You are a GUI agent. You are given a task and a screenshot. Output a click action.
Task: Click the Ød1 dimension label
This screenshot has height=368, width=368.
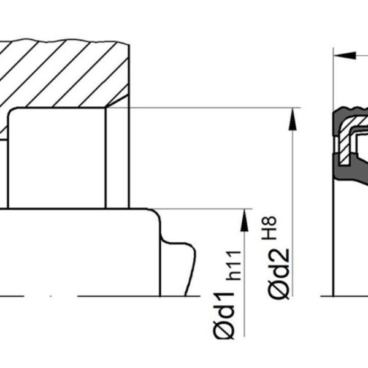(223, 315)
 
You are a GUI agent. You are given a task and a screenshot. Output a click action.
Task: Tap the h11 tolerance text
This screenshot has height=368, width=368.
(234, 265)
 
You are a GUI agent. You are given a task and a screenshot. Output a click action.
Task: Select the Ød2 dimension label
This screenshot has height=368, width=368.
(278, 274)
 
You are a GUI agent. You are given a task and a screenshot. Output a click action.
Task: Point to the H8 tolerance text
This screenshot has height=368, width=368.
(269, 228)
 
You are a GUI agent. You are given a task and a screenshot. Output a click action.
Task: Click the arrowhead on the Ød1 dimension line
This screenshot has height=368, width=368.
(245, 220)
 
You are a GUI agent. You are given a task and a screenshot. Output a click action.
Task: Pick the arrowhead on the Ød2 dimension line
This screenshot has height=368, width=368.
(293, 119)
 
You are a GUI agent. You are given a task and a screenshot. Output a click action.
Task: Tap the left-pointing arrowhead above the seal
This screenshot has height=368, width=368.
(345, 56)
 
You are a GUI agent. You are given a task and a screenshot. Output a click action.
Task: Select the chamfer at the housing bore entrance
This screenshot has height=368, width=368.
(117, 101)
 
